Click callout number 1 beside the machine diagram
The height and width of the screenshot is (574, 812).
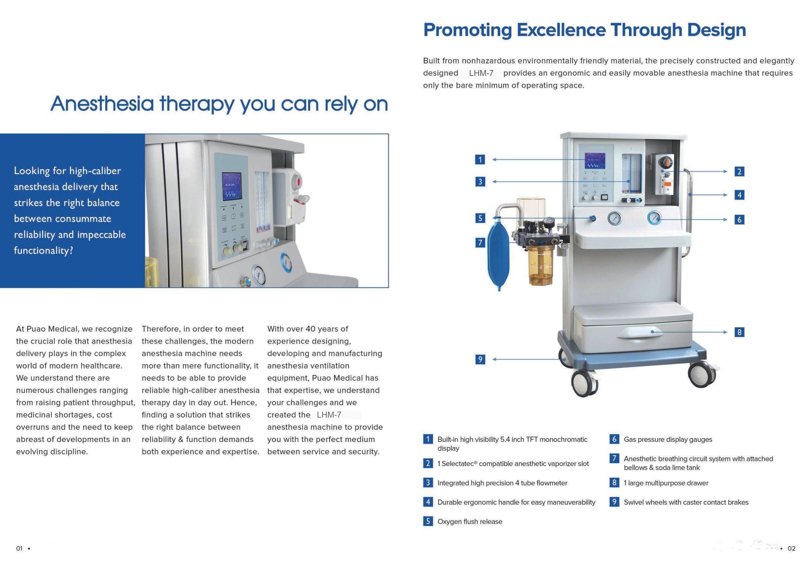(480, 160)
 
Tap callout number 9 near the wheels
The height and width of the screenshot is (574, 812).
(480, 359)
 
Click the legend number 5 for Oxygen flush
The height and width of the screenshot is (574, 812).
(428, 521)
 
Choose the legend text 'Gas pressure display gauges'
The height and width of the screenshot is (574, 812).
(668, 439)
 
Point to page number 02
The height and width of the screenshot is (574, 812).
(792, 549)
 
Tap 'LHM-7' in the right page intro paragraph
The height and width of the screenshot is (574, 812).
(481, 73)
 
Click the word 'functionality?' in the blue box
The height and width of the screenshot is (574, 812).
(43, 251)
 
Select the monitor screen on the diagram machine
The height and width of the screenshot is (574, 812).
(595, 161)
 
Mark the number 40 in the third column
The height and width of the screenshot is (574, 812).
(310, 329)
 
